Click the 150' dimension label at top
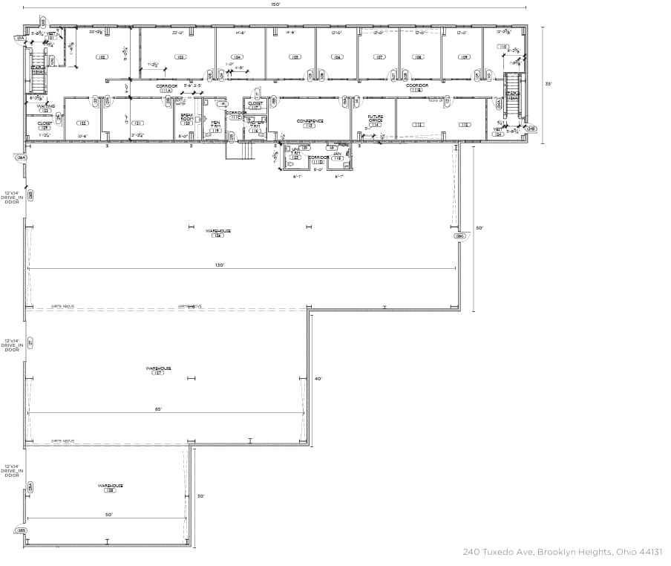coord(275,4)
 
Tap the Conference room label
coord(310,121)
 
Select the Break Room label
coord(187,117)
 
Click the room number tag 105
coord(295,57)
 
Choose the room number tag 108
coord(419,57)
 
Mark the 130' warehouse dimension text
coord(220,264)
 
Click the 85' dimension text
coord(158,409)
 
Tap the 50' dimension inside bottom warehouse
coord(108,515)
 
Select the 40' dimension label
coord(318,379)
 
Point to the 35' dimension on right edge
coord(548,84)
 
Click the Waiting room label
coord(46,107)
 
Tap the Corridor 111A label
coord(166,88)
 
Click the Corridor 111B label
coord(417,87)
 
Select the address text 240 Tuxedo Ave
coord(562,552)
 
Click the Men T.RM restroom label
coord(215,126)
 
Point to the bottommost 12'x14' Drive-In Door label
coord(12,470)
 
